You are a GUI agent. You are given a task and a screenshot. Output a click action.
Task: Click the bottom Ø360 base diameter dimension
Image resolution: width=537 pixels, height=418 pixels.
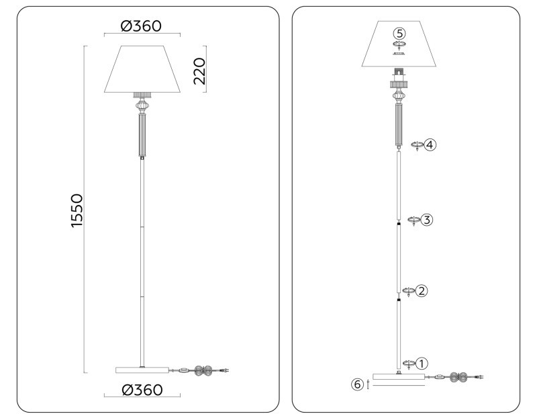click(142, 390)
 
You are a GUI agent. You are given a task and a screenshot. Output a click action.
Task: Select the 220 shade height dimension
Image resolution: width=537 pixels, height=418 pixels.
click(199, 70)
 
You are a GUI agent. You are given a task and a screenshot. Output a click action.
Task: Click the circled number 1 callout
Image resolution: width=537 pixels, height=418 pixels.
click(421, 364)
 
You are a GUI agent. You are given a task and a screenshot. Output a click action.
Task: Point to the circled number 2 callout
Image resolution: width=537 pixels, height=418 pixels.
click(422, 291)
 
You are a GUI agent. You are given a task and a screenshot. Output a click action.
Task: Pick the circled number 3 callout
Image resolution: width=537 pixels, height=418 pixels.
click(427, 220)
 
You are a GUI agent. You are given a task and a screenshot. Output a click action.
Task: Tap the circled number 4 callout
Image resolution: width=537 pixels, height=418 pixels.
click(430, 144)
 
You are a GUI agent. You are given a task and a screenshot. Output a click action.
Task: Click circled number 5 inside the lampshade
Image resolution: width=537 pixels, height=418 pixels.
click(399, 32)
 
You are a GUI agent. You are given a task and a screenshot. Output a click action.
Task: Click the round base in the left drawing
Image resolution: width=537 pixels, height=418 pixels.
click(142, 370)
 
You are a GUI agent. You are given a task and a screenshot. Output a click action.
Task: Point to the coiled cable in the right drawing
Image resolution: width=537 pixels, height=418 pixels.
click(458, 378)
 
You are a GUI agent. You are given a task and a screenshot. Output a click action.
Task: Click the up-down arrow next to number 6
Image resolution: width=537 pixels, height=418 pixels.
click(369, 384)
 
